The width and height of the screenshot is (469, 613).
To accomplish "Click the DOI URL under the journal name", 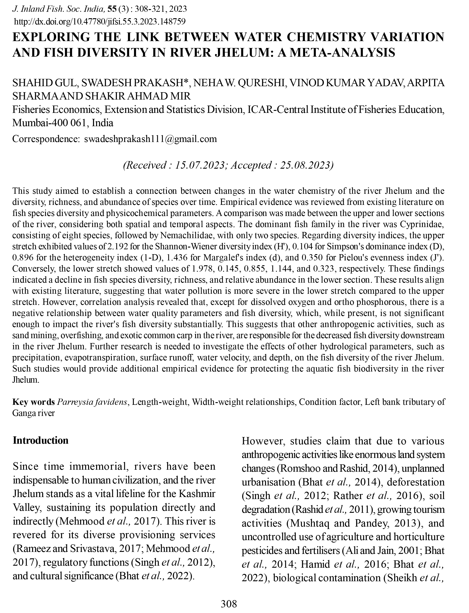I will (100, 21).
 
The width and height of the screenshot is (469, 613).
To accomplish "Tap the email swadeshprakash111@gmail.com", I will (150, 139).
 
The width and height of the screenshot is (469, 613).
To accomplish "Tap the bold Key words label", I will (34, 402).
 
